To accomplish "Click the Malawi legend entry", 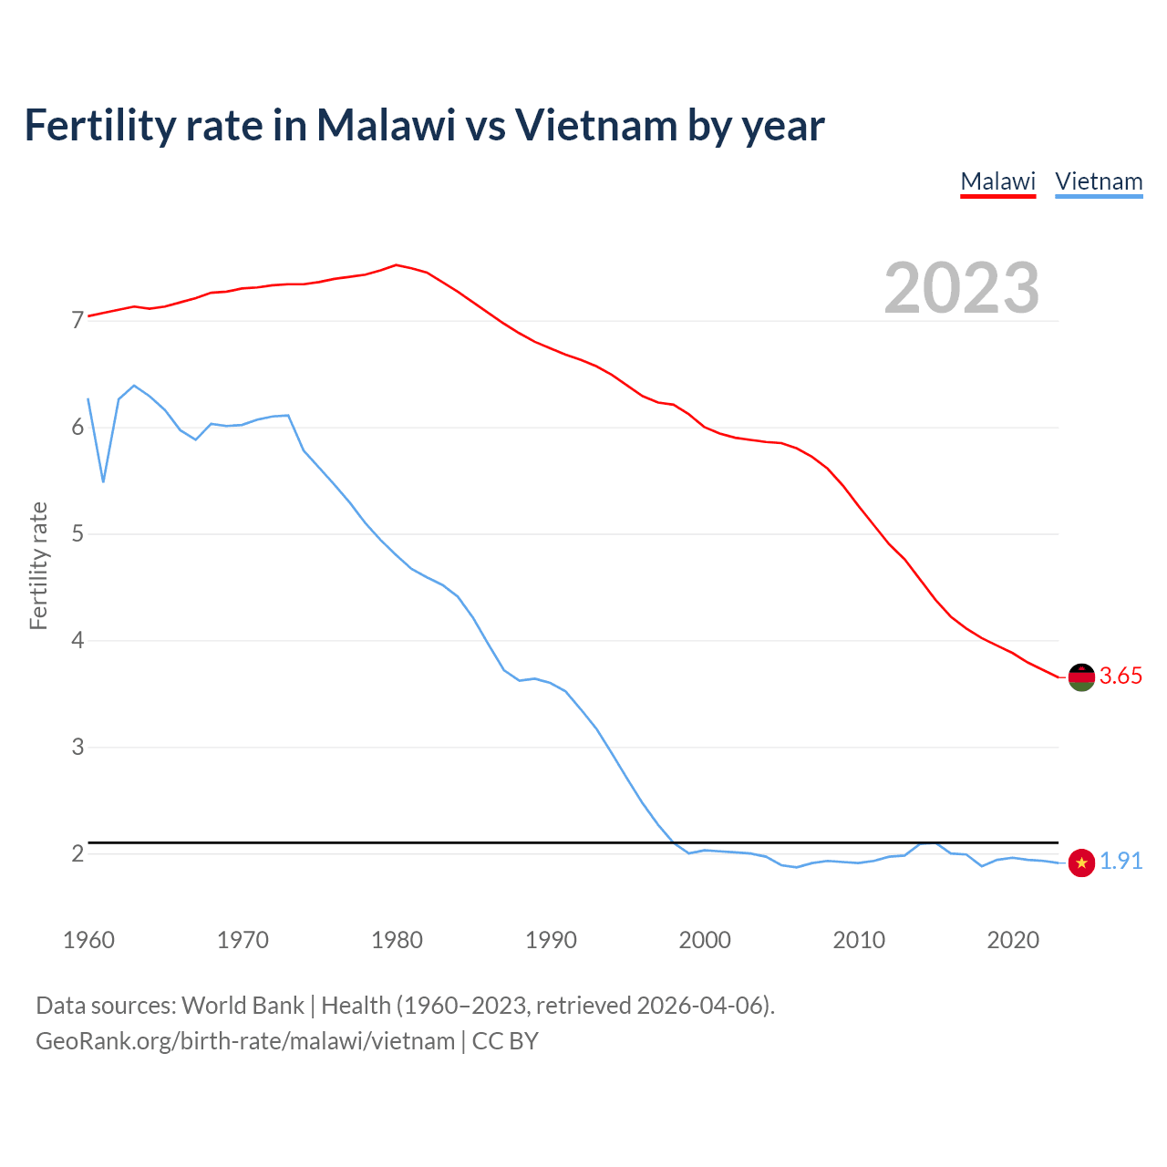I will click(x=998, y=181).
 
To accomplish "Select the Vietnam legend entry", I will click(x=1099, y=181).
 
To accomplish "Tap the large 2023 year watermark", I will click(x=962, y=288).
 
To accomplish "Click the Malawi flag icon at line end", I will click(x=1081, y=676).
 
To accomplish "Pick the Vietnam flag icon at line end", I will click(x=1081, y=862).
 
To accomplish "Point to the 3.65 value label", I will click(x=1121, y=676).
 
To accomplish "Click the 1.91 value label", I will click(x=1121, y=861).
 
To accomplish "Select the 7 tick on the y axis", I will click(x=77, y=321).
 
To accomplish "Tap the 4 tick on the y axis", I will click(x=77, y=641).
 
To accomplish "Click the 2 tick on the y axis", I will click(x=77, y=854).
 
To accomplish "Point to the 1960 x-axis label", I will click(x=88, y=940).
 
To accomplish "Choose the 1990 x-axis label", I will click(x=551, y=940).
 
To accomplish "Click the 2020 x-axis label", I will click(x=1013, y=940).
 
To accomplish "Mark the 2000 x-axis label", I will click(x=705, y=940).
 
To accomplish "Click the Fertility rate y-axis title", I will click(x=38, y=565).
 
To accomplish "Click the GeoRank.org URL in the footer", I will click(x=245, y=1040).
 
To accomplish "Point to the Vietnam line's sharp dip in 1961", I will click(x=103, y=481).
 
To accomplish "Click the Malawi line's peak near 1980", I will click(x=396, y=264).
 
